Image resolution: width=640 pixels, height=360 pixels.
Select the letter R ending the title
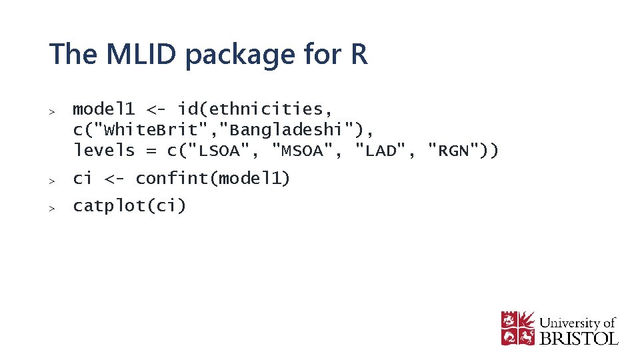(358, 54)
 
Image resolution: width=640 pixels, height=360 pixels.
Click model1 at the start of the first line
(104, 108)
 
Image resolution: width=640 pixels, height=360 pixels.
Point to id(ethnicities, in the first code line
(255, 109)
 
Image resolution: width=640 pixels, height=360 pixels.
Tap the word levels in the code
(104, 150)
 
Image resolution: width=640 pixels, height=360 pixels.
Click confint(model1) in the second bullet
(213, 179)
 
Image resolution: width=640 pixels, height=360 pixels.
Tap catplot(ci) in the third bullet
(129, 206)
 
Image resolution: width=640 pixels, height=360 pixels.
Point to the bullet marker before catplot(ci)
(51, 207)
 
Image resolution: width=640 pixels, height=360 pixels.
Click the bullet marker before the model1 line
(51, 110)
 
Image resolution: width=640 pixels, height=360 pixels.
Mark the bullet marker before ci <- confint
(51, 180)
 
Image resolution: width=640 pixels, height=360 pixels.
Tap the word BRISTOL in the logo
(579, 338)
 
